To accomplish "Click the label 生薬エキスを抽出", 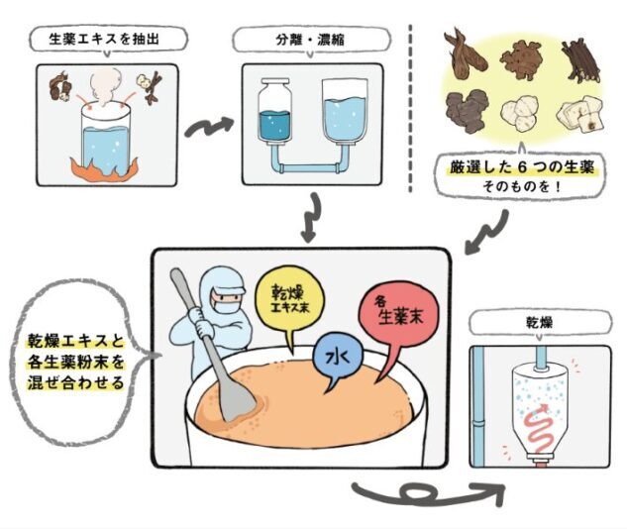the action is point(104,40).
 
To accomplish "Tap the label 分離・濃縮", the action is point(310,40).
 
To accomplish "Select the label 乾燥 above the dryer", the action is point(540,323).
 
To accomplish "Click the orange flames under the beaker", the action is point(105,169).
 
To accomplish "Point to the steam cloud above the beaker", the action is point(105,87).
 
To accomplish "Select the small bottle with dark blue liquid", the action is point(274,111).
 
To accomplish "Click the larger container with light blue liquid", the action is point(345,112).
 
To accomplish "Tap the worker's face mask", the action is point(225,308).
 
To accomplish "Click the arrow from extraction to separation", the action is point(209,128).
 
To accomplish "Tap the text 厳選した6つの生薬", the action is point(522,167).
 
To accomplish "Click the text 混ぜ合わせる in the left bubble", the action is point(76,383).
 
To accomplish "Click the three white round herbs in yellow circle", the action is point(520,114).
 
